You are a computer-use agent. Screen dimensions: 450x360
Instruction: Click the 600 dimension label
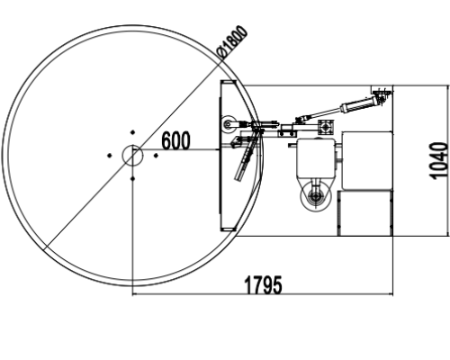pyautogui.click(x=175, y=140)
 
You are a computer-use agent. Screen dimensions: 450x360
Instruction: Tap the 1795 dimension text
pyautogui.click(x=264, y=285)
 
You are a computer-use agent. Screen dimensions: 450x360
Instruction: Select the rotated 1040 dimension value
pyautogui.click(x=439, y=161)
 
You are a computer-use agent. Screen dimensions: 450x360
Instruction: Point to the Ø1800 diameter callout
pyautogui.click(x=233, y=42)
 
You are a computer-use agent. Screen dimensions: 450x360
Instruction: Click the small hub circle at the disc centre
pyautogui.click(x=132, y=155)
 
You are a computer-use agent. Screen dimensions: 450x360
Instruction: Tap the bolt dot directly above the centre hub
pyautogui.click(x=132, y=132)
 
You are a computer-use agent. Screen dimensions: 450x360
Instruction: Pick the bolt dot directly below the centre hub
pyautogui.click(x=132, y=178)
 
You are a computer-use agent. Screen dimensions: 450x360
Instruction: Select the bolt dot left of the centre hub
pyautogui.click(x=110, y=156)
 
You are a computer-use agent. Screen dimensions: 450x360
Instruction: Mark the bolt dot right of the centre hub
pyautogui.click(x=156, y=156)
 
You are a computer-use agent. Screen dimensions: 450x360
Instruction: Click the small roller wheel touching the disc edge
pyautogui.click(x=229, y=124)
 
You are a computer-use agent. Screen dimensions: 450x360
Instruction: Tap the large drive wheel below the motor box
pyautogui.click(x=316, y=196)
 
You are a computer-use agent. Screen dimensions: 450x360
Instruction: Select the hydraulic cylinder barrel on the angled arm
pyautogui.click(x=357, y=104)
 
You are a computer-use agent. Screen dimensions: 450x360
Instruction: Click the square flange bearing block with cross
pyautogui.click(x=326, y=128)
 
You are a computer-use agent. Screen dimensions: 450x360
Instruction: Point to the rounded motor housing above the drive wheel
pyautogui.click(x=316, y=159)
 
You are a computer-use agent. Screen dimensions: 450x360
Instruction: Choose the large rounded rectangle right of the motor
pyautogui.click(x=367, y=160)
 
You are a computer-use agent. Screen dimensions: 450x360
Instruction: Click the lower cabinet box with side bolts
pyautogui.click(x=365, y=213)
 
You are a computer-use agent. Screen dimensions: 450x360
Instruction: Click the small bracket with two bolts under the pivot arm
pyautogui.click(x=287, y=132)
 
